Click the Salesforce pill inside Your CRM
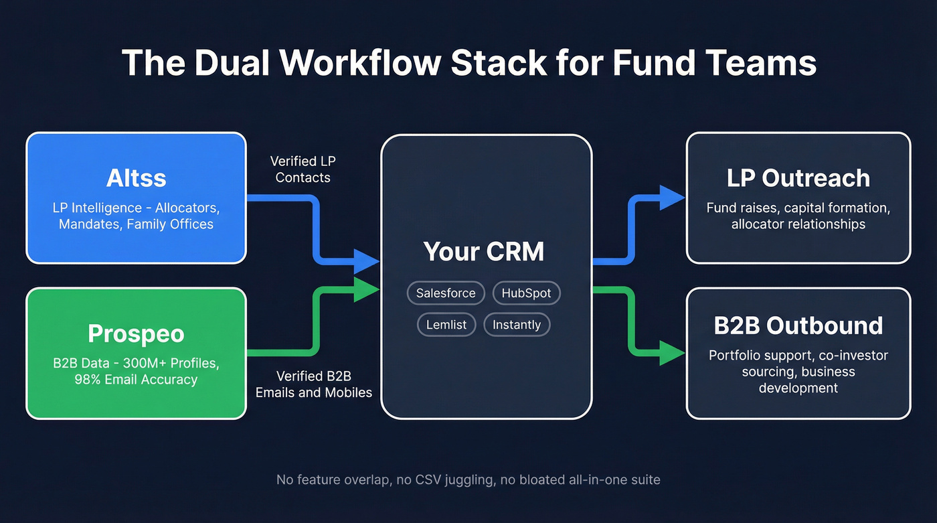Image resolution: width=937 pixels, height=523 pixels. click(446, 293)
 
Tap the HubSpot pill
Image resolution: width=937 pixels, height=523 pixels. click(526, 293)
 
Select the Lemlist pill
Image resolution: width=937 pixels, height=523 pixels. click(446, 325)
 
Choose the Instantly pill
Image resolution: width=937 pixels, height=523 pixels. click(516, 325)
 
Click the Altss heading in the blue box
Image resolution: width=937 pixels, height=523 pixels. click(136, 178)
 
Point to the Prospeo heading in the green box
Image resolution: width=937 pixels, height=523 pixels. click(136, 333)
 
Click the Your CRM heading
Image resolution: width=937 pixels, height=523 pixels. click(484, 251)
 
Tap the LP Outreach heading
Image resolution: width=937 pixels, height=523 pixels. click(798, 178)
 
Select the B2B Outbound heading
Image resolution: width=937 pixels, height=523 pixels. click(798, 325)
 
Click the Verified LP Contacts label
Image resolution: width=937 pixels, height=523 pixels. click(303, 169)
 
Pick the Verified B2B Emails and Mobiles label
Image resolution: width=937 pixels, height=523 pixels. click(314, 384)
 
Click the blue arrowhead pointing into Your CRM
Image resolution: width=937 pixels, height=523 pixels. click(367, 260)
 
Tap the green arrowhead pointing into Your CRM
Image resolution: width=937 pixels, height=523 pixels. click(367, 289)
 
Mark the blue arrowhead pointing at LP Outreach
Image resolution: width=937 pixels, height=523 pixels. click(672, 198)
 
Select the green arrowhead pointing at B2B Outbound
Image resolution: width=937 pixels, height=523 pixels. click(672, 353)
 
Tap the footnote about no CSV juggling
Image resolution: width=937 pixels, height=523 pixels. click(468, 480)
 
